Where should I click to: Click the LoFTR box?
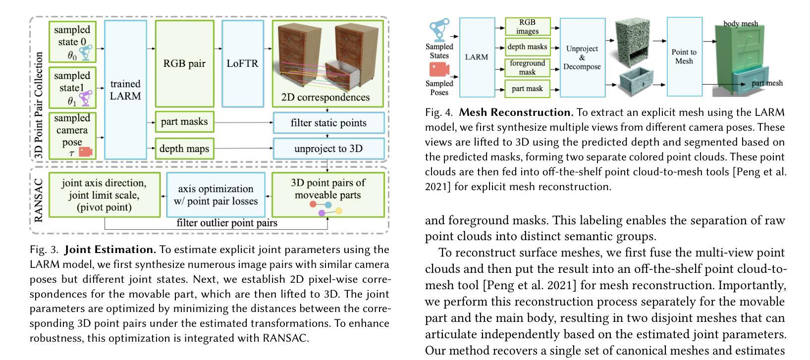242,63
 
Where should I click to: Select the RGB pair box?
184,63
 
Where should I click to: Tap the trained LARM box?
125,90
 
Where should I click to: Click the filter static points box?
328,123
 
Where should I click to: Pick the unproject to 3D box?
328,149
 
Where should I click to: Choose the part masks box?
184,122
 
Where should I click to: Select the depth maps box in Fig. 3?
184,149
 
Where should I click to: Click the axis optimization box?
216,195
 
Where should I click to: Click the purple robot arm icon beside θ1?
86,98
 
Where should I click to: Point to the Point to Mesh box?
684,56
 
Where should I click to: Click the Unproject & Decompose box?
582,57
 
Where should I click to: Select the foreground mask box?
527,67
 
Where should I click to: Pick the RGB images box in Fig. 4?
527,27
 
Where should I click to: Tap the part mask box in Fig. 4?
527,89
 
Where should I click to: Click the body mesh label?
740,24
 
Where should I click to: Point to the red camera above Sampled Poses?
439,69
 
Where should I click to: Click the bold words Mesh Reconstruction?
516,112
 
